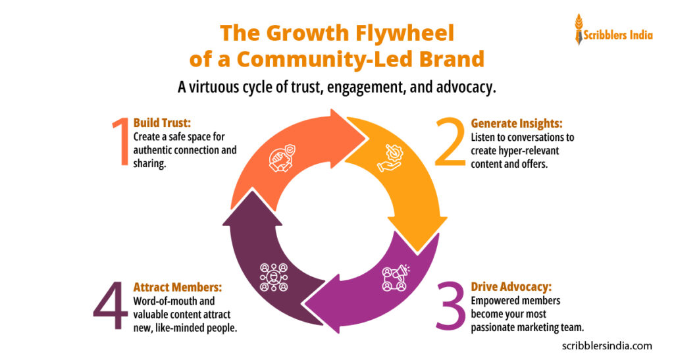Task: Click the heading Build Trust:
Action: coord(162,123)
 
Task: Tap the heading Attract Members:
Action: coord(177,287)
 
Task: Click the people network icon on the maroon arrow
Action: coord(273,277)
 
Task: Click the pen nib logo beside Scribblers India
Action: coord(579,30)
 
